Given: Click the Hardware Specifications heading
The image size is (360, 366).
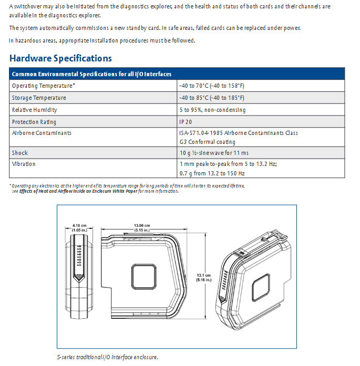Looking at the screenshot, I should point(60,58).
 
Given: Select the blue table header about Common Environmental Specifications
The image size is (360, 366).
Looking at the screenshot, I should point(91,74).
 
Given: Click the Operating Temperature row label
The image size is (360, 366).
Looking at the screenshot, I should point(44,86).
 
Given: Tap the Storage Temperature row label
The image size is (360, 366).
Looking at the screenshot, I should point(39,98).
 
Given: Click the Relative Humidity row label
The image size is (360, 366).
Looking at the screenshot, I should point(35,110).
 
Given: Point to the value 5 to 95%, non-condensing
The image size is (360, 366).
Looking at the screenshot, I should point(212,110).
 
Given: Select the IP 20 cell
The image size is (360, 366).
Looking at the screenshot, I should point(186,122).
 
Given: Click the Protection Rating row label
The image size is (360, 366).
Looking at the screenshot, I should point(34,122).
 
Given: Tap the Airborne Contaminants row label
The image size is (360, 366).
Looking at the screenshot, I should point(42,133).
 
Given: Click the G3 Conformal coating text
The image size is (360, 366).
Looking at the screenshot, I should point(207,142).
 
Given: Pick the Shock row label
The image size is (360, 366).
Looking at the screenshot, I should point(20,153).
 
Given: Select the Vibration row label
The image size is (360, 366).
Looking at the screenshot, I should point(24,164).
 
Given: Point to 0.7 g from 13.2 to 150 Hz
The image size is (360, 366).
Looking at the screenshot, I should point(212,173).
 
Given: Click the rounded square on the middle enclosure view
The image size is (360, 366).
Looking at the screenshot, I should point(143,277).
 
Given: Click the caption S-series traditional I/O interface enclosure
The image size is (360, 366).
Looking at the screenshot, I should point(107,358).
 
